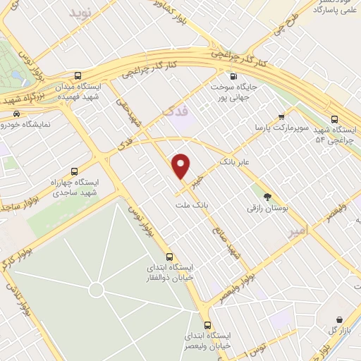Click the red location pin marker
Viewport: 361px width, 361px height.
pos(182,166)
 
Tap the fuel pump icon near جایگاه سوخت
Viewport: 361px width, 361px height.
pos(233,76)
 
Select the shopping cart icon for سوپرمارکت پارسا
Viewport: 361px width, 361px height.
pos(281,116)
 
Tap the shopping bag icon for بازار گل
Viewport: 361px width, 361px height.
pos(340,320)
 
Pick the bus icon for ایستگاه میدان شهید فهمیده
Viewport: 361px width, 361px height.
pos(77,75)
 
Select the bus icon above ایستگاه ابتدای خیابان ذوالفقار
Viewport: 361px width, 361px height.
pos(169,257)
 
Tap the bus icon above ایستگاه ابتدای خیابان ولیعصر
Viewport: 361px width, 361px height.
pos(207,325)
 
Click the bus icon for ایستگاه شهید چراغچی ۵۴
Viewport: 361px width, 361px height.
pos(334,118)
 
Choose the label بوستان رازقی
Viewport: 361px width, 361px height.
pos(263,208)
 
